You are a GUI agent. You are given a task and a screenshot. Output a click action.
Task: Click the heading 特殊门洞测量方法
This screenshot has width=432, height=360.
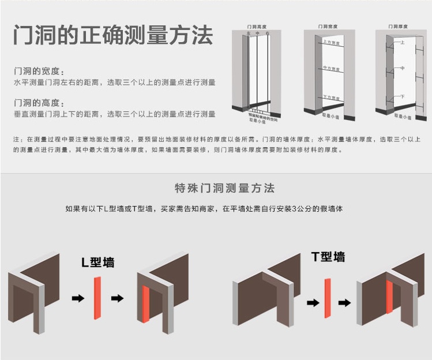224,188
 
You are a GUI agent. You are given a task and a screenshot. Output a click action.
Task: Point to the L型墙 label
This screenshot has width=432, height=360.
97,262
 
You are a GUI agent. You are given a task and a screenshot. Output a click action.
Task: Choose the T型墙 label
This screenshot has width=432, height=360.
328,257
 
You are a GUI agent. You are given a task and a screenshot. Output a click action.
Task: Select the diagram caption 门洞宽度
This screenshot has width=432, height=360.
328,27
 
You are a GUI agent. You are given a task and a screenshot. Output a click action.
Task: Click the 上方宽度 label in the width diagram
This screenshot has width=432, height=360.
331,43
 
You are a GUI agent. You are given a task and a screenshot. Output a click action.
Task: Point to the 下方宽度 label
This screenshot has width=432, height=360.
331,97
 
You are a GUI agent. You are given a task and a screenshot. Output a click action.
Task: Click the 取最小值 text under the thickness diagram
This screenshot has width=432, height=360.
403,117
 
